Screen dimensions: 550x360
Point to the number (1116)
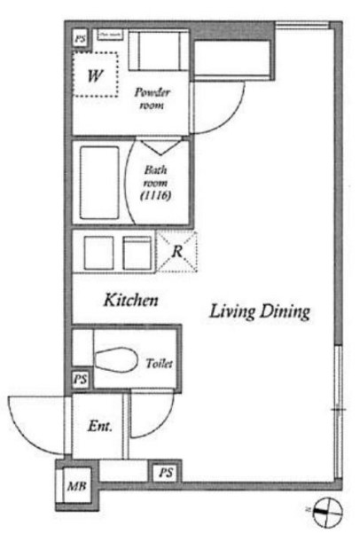coord(156,194)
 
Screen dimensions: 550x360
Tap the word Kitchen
coord(132,301)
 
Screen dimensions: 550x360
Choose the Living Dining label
coord(259,311)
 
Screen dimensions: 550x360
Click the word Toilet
coord(160,364)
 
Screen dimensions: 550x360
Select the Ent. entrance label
coord(99,427)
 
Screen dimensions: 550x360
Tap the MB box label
coord(75,485)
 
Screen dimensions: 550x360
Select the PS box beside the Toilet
coord(80,379)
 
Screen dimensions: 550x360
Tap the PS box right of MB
coord(166,473)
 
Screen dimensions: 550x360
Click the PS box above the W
coord(80,38)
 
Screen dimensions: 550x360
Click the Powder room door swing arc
coord(213,111)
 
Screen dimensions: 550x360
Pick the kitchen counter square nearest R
coord(137,252)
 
